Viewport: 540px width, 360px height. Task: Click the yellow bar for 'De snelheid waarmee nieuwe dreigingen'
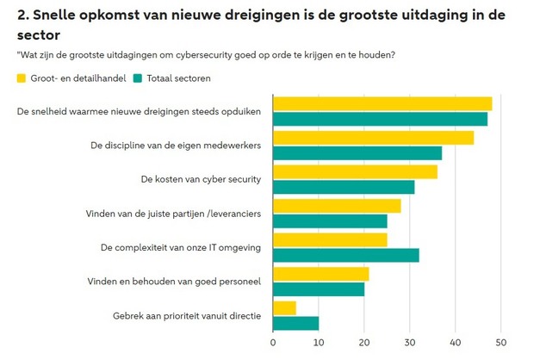tap(382, 104)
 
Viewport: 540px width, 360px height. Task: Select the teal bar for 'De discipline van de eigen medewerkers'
tap(357, 153)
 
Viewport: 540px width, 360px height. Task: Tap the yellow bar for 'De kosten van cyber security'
tap(355, 171)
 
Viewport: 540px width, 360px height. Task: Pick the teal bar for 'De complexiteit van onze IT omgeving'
tap(345, 255)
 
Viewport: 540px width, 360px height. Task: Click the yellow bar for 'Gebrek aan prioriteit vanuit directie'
tap(284, 307)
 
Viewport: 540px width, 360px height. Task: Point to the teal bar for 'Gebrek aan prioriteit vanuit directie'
tap(295, 323)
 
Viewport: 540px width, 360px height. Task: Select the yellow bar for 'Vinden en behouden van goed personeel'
tap(320, 274)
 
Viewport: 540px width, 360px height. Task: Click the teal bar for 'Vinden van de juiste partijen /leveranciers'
tap(330, 221)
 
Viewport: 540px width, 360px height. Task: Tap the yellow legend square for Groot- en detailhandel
tap(22, 78)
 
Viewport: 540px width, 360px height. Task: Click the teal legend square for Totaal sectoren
tap(139, 78)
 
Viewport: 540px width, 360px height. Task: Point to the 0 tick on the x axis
tap(273, 343)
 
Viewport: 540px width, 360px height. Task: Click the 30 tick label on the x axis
tap(410, 343)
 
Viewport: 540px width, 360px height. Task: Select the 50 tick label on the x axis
tap(501, 343)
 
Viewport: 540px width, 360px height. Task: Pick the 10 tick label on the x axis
tap(319, 343)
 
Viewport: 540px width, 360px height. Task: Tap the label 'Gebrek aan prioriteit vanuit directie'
tap(186, 315)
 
